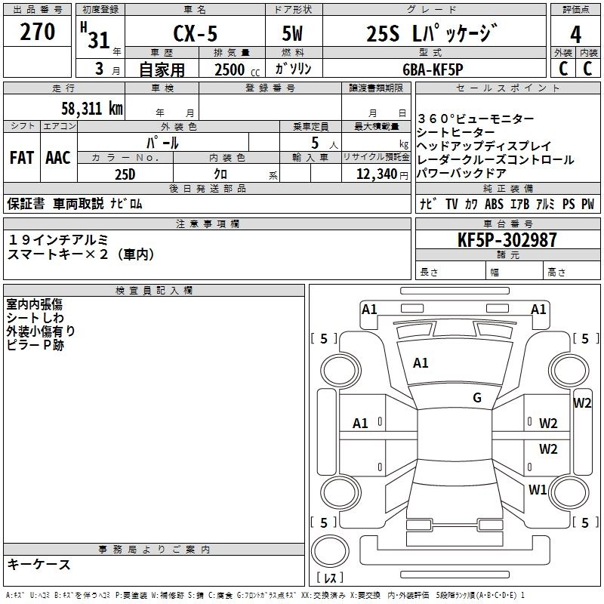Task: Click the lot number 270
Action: pos(38,32)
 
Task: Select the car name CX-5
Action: pos(194,35)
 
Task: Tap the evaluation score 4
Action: pos(576,34)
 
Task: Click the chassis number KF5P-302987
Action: pos(507,240)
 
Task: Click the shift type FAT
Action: pos(21,158)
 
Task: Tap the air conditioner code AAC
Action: pos(57,158)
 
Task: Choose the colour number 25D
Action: pos(125,174)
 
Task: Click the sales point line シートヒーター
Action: pos(456,132)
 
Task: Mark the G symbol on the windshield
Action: pos(476,398)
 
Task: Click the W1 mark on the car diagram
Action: pos(538,489)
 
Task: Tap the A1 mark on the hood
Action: pos(421,363)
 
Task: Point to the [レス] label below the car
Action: pos(329,578)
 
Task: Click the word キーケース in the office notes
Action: pos(39,564)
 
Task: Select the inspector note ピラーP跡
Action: pos(35,344)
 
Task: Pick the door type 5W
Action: pos(293,35)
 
